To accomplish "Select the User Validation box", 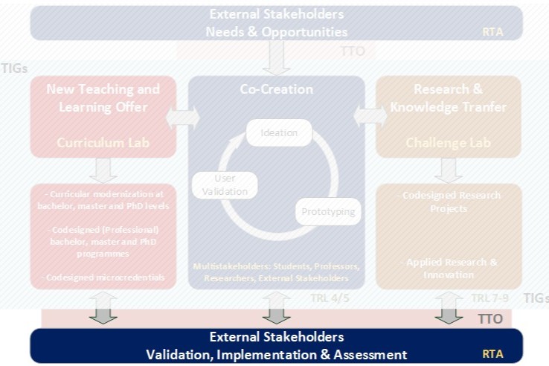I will (224, 184).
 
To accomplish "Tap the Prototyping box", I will (328, 212).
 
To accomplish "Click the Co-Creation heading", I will (276, 89).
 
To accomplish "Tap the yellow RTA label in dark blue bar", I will (492, 354).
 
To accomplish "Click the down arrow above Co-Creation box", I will (276, 58).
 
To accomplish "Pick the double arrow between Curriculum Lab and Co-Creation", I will (182, 117).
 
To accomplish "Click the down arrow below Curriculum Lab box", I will (103, 170).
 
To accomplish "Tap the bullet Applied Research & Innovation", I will (449, 269).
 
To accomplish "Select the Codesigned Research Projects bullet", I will (449, 202).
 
